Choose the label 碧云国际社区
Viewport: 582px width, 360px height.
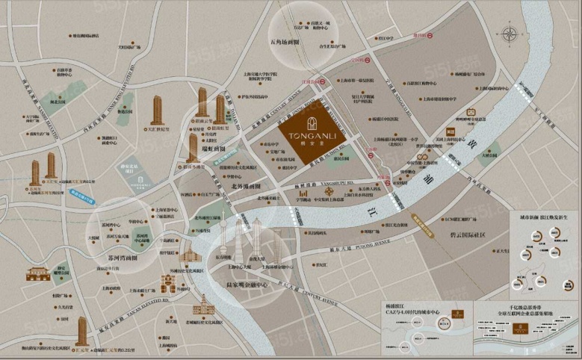(464, 235)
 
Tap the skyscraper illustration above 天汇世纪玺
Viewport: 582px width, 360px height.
(157, 110)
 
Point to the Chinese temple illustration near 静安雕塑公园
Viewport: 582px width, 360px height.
(37, 273)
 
